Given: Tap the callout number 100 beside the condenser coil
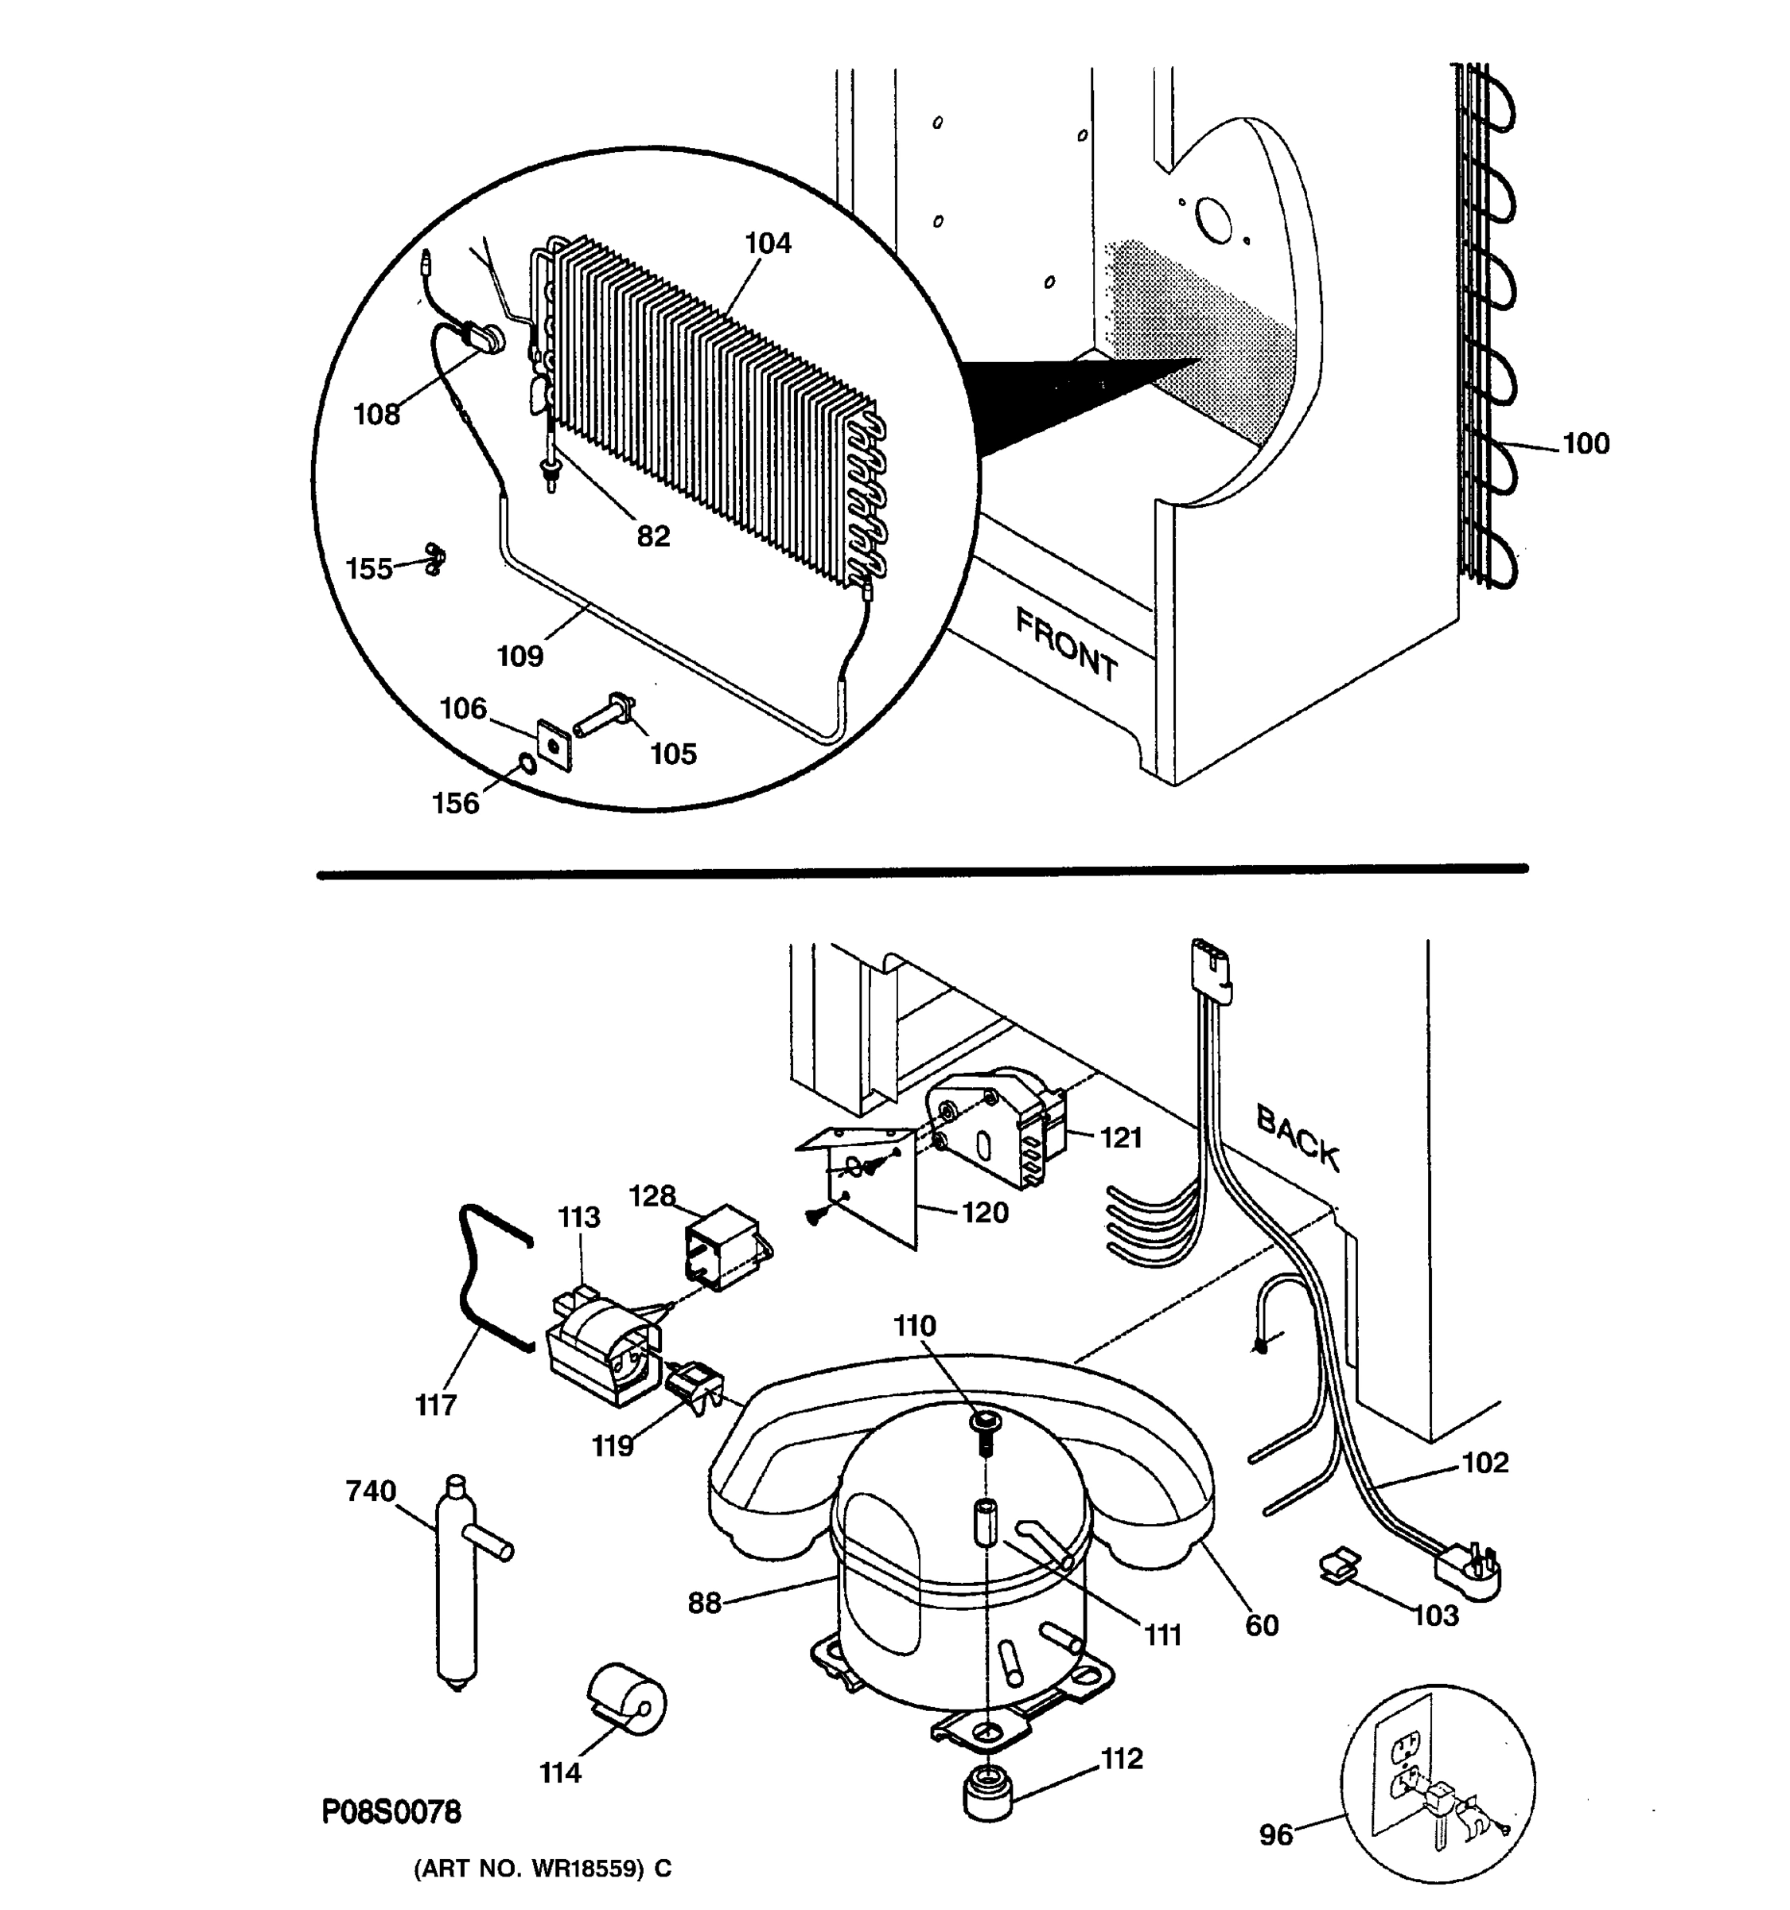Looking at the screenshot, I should pos(1586,444).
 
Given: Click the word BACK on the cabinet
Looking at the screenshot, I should pos(1297,1137).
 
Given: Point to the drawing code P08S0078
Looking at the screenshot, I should pos(391,1812).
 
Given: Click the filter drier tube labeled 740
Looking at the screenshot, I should pos(458,1585).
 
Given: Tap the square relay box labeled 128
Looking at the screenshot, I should pos(722,1245).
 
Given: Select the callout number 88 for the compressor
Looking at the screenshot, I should pos(704,1603).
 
